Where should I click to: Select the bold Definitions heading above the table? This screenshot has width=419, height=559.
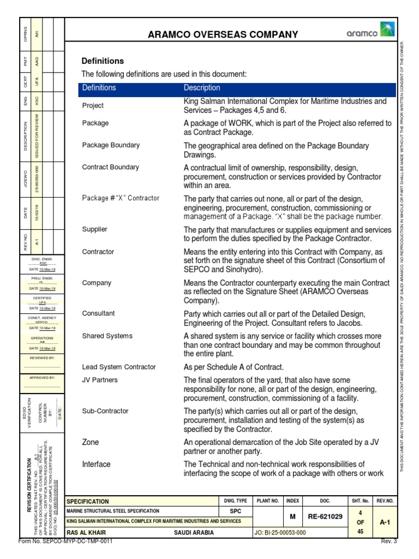pos(103,61)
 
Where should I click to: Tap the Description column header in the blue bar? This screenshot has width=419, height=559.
pos(202,88)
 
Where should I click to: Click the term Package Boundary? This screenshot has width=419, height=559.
pos(111,145)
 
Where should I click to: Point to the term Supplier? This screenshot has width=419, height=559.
pos(94,229)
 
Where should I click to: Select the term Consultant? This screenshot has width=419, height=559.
pos(98,314)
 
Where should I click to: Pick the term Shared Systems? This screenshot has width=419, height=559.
pos(107,336)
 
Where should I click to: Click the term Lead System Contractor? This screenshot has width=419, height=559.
pos(118,367)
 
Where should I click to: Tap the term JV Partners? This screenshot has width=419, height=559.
pos(100,380)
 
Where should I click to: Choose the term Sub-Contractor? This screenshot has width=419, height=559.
pos(105,411)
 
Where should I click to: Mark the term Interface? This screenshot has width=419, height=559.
pos(96,464)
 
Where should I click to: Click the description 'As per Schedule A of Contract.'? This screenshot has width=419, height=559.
pos(234,367)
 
